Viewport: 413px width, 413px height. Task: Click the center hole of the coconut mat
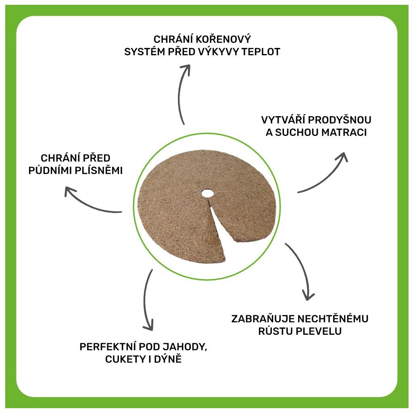tap(207, 193)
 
